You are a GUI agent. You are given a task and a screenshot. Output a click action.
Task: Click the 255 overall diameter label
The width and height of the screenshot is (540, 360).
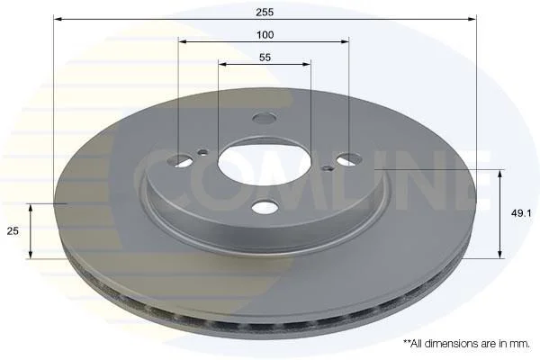[x=265, y=12]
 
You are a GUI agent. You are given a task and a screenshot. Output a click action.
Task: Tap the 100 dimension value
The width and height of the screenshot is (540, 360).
[x=265, y=35]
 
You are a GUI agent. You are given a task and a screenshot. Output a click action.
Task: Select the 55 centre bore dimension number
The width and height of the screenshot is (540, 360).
[x=265, y=58]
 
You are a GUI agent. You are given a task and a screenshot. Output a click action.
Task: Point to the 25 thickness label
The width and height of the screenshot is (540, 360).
[x=13, y=230]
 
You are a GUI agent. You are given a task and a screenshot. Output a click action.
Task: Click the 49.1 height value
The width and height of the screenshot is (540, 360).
[x=521, y=213]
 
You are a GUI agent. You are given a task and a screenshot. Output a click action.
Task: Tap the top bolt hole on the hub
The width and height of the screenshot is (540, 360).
[x=264, y=118]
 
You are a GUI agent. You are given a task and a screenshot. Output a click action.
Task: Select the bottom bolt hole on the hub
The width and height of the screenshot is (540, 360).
[x=265, y=207]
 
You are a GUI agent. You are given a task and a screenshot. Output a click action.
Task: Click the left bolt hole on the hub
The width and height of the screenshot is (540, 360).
[x=179, y=159]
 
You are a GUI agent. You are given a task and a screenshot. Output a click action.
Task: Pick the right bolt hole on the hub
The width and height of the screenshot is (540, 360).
[x=349, y=159]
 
